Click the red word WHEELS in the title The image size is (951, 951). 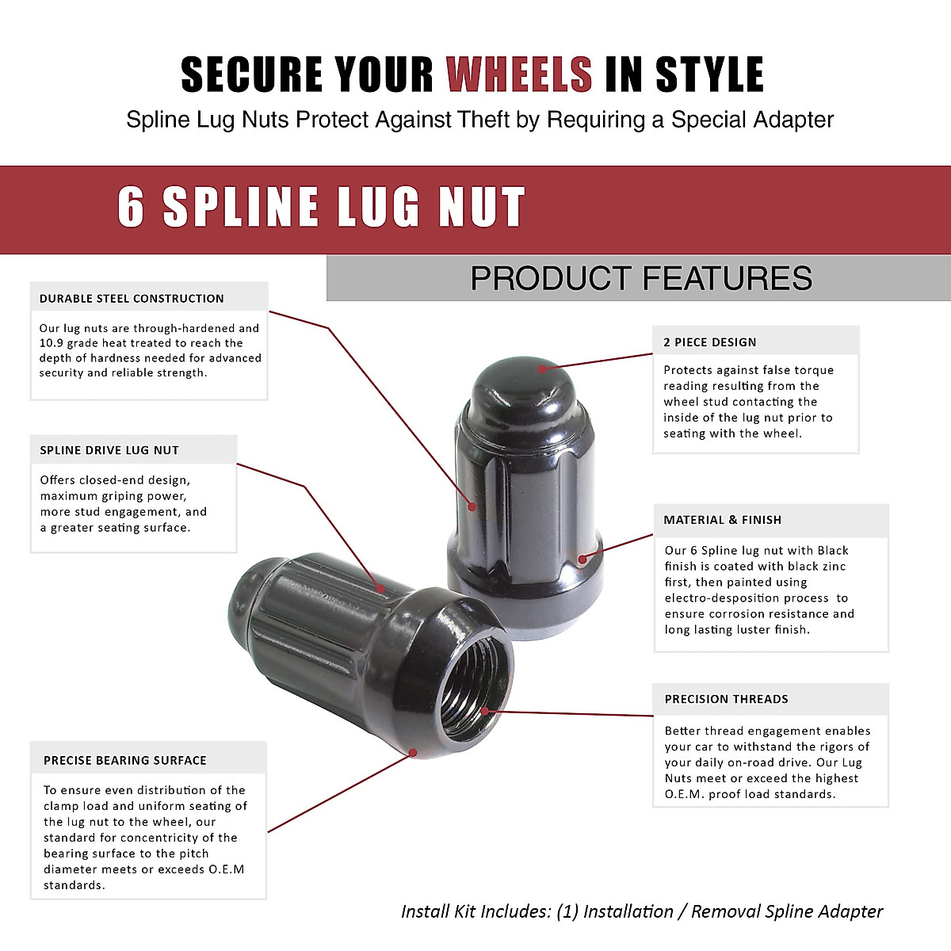tap(519, 74)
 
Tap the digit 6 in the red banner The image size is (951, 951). tap(131, 208)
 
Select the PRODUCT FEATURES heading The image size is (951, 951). tap(641, 278)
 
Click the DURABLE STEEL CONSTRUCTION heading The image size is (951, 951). tap(132, 299)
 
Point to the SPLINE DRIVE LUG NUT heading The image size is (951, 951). tap(109, 450)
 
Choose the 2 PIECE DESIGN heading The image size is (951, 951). tap(709, 342)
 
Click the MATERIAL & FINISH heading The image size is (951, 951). tap(722, 520)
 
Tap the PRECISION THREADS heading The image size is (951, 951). tap(726, 699)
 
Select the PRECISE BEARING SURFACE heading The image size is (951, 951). tap(124, 760)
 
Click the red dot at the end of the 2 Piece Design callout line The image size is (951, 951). tap(543, 369)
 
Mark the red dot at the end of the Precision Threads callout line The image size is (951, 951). tap(485, 711)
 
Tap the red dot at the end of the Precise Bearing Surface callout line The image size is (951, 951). tap(413, 752)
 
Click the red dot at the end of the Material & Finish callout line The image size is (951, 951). tap(582, 559)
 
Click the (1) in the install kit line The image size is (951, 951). tap(567, 911)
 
